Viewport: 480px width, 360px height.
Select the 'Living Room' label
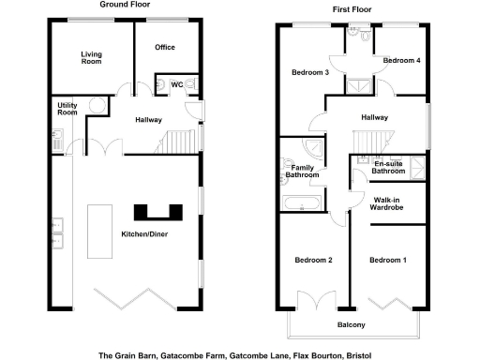[x=92, y=58]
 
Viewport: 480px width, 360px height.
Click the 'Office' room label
[x=165, y=47]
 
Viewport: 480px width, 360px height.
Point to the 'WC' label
[x=176, y=84]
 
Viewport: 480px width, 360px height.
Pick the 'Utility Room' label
[x=67, y=108]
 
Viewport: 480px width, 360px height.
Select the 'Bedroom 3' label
[x=309, y=72]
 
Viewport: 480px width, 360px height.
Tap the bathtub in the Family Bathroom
[x=300, y=202]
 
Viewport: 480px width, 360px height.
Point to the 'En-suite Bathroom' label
[x=387, y=168]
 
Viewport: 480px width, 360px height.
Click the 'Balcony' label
[x=351, y=325]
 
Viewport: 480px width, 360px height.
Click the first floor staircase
[x=367, y=142]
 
